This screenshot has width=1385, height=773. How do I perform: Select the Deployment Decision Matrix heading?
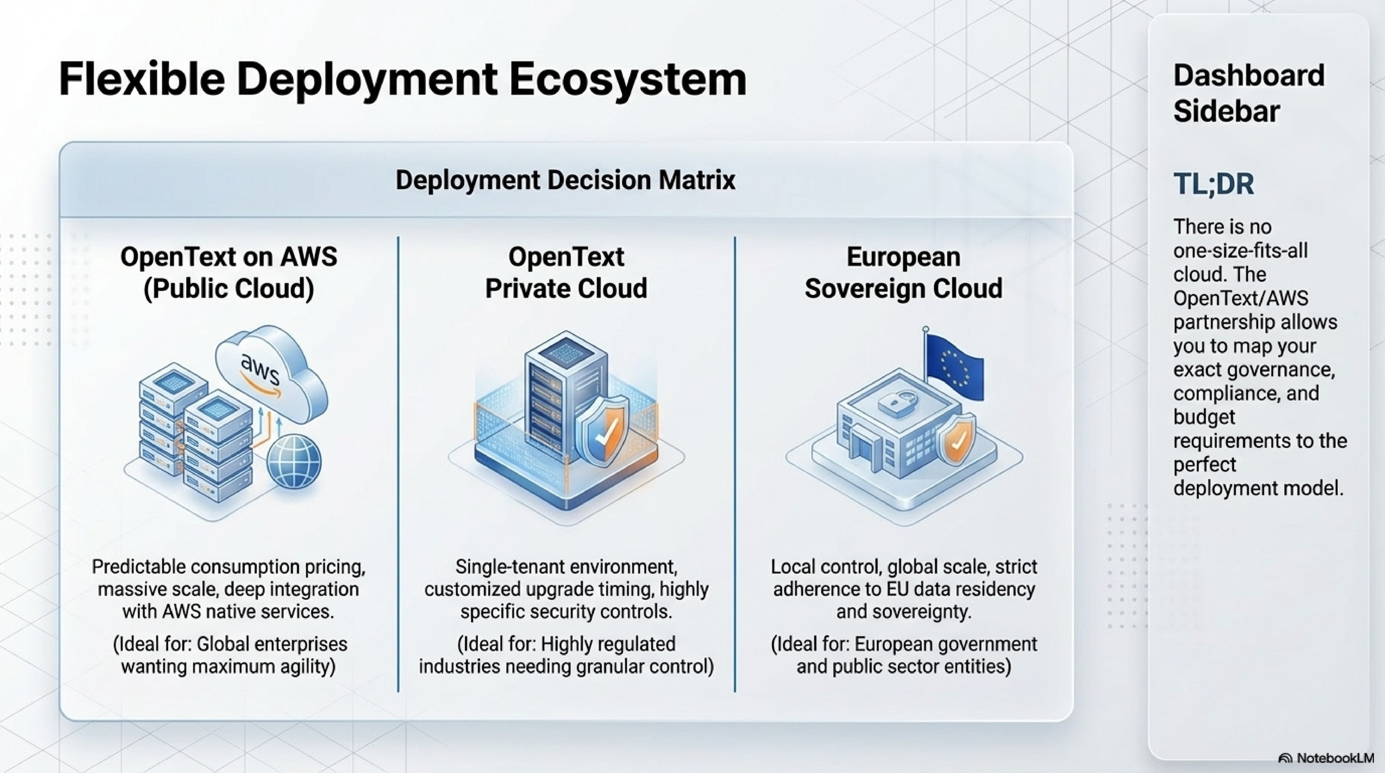(565, 180)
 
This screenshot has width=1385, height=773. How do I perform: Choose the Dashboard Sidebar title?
(1249, 93)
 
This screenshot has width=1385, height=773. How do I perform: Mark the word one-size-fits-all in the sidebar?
(1240, 251)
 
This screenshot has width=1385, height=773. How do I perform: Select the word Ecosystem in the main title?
(627, 79)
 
